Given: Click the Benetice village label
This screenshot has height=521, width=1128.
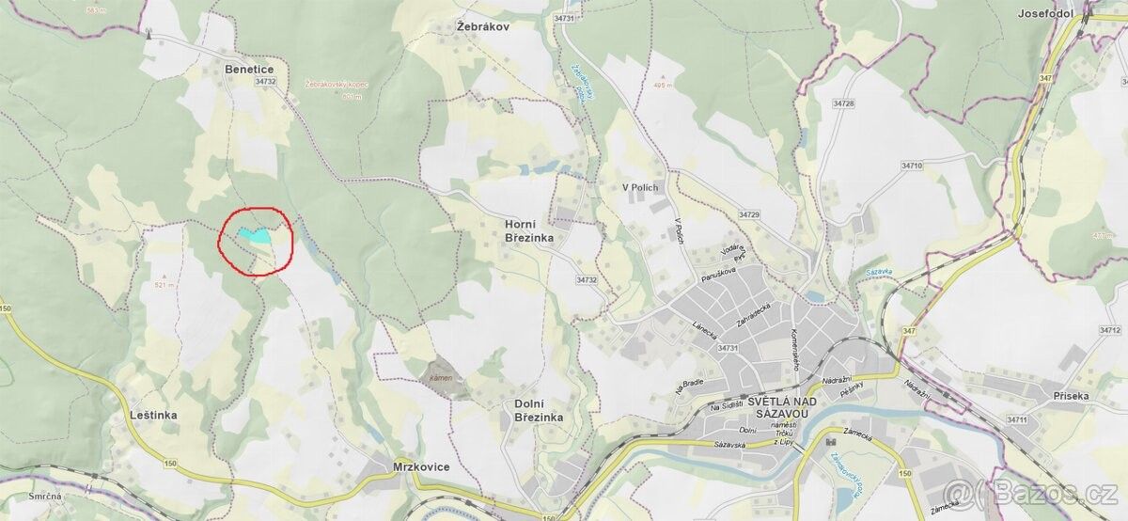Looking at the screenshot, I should coord(249,69).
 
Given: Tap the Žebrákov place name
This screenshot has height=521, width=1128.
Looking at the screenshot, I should coord(482,27).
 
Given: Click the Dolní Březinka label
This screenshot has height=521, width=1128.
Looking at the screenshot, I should coord(539,410).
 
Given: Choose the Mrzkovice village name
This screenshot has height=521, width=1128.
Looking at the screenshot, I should coord(421,466).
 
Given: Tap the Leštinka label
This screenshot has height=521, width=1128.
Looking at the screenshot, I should coord(154,414).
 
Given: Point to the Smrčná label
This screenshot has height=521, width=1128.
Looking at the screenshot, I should coord(46,496).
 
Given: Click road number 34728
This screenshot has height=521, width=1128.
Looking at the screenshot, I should coord(843,103).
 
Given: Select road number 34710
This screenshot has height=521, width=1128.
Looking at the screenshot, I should coord(911,166).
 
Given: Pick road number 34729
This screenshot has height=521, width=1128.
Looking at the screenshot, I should coord(748,215).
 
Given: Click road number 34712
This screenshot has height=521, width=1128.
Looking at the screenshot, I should coord(1109,331).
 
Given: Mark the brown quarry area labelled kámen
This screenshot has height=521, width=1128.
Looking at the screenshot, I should coord(440,374).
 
